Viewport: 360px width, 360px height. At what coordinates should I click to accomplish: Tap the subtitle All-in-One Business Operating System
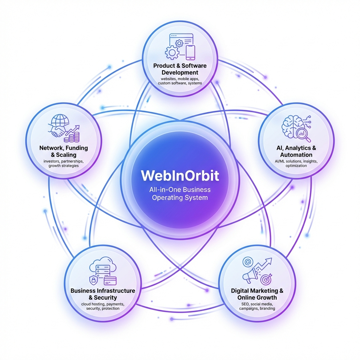click(180, 194)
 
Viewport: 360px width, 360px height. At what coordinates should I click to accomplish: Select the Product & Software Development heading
click(180, 69)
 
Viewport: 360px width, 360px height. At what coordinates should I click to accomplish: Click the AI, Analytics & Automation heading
click(296, 151)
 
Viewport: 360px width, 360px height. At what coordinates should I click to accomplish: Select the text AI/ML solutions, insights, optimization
click(296, 163)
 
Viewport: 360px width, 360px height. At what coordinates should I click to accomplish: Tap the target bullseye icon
click(265, 279)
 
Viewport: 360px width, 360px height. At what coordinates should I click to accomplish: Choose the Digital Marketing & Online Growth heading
click(257, 294)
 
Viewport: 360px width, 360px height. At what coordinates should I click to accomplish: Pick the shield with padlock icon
click(94, 280)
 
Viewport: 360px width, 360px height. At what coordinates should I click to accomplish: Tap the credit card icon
click(110, 280)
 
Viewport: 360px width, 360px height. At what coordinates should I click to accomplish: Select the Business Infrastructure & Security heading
click(103, 294)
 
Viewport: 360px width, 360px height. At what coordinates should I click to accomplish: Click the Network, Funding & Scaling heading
click(63, 151)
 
